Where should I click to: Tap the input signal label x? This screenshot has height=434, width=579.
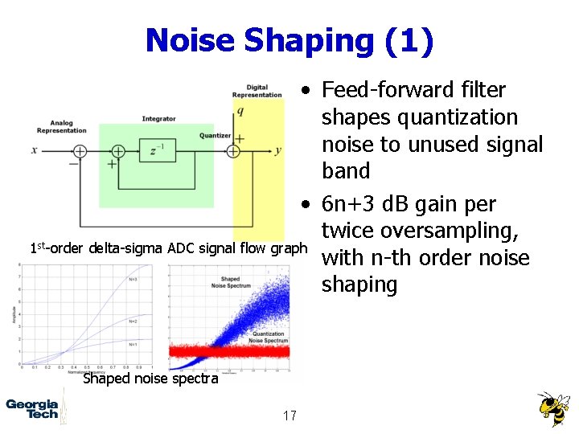(35, 150)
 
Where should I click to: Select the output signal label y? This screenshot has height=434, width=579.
(277, 150)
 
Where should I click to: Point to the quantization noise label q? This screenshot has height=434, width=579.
(240, 111)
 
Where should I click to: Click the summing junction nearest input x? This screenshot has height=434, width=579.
(79, 151)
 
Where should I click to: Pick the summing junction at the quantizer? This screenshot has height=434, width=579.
(233, 151)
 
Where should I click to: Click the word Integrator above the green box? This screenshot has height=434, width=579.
(158, 119)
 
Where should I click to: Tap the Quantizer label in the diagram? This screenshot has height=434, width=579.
(216, 136)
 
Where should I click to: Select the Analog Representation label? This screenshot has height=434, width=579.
(61, 127)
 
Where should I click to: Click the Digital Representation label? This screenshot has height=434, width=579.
(257, 91)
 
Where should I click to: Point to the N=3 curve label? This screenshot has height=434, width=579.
(133, 279)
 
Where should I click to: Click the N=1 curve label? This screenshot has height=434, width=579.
(133, 344)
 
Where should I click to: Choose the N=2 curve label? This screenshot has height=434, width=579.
(133, 321)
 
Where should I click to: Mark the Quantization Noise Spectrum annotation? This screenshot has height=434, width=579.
(269, 337)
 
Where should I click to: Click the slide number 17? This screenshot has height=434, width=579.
(289, 415)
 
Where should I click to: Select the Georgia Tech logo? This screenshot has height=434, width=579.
(32, 409)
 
